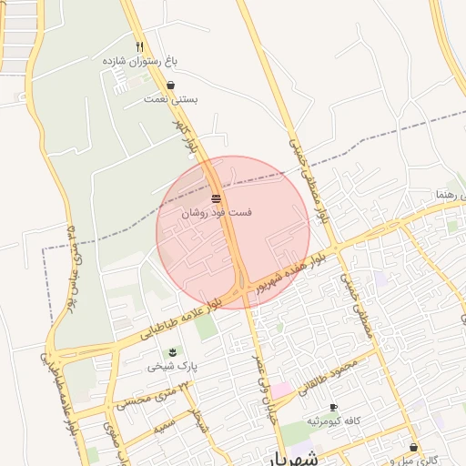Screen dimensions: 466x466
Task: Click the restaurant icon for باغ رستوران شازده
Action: [139, 46]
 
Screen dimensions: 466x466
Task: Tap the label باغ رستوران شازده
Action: [139, 60]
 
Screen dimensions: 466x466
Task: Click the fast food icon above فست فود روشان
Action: [217, 198]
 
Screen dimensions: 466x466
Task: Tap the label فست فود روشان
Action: [217, 212]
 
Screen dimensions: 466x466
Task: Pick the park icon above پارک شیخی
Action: [171, 352]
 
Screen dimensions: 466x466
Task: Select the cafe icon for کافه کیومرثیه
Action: [333, 407]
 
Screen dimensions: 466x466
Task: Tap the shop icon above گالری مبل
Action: [414, 448]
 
